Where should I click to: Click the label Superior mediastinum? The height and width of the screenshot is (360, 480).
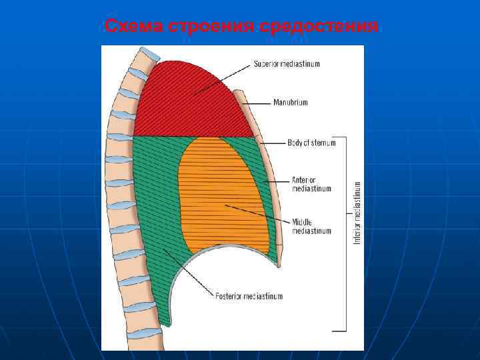[287, 64]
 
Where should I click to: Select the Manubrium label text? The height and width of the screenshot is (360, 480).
[291, 103]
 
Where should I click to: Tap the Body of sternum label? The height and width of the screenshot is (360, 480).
[311, 142]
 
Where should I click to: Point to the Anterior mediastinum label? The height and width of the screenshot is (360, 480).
[311, 184]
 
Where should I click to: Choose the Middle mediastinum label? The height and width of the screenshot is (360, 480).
[311, 227]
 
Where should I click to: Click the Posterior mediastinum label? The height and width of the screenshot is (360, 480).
[249, 296]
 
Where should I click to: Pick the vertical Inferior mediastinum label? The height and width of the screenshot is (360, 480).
[357, 212]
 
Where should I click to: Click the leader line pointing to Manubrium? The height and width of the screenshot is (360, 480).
[260, 103]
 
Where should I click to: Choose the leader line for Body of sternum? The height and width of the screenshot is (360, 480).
[273, 142]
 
